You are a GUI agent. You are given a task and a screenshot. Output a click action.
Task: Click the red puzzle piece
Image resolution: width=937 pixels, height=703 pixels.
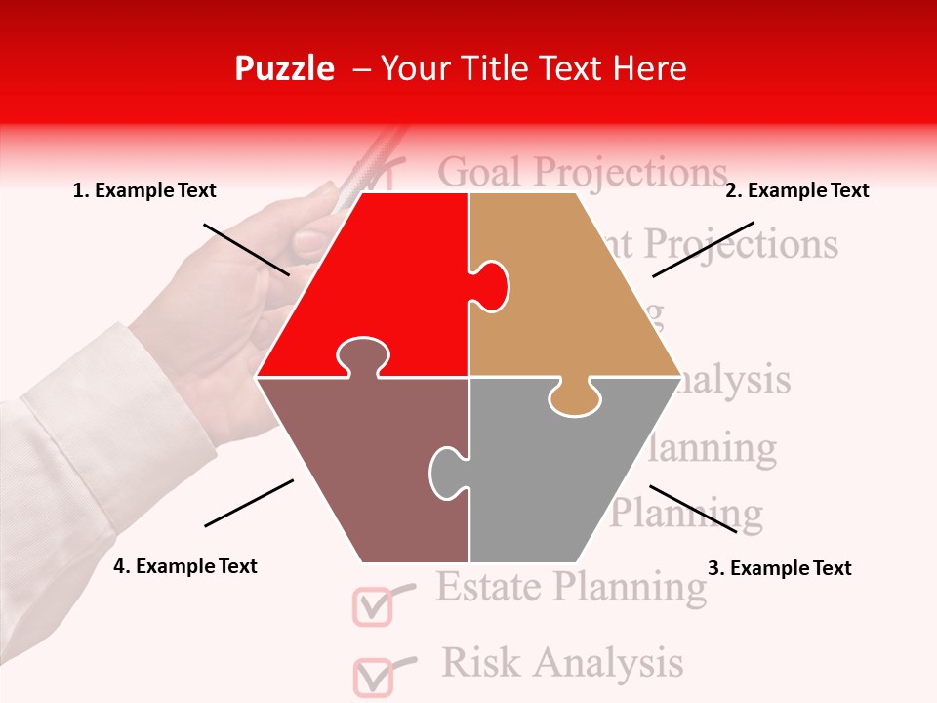pyautogui.click(x=390, y=283)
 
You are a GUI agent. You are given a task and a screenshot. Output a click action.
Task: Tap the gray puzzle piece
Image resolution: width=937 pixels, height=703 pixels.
pyautogui.click(x=556, y=478)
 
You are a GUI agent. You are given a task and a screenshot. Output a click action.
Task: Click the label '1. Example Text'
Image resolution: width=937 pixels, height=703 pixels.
pyautogui.click(x=144, y=191)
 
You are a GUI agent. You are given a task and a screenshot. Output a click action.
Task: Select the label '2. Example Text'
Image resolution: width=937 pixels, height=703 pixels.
pyautogui.click(x=796, y=191)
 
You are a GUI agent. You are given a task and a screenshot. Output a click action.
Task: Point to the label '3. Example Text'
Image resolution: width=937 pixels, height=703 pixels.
pyautogui.click(x=779, y=568)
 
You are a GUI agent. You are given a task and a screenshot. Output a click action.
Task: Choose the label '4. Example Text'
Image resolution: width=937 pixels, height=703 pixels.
pyautogui.click(x=185, y=566)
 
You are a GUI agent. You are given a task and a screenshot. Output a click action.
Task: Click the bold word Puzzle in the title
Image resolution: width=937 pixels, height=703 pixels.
pyautogui.click(x=284, y=68)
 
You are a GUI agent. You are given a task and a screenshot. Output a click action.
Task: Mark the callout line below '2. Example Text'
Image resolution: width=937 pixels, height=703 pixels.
pyautogui.click(x=703, y=249)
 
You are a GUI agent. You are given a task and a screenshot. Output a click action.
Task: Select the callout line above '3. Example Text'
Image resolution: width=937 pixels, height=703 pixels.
pyautogui.click(x=693, y=509)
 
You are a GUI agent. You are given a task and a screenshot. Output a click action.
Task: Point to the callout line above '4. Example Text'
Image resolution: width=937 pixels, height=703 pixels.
pyautogui.click(x=249, y=503)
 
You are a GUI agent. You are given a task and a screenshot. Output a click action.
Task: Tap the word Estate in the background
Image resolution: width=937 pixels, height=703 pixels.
pyautogui.click(x=488, y=587)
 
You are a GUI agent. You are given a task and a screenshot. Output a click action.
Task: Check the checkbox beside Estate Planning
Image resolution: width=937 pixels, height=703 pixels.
pyautogui.click(x=371, y=605)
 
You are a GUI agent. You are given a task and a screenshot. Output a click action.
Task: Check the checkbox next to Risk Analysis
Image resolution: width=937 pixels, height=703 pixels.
pyautogui.click(x=372, y=676)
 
